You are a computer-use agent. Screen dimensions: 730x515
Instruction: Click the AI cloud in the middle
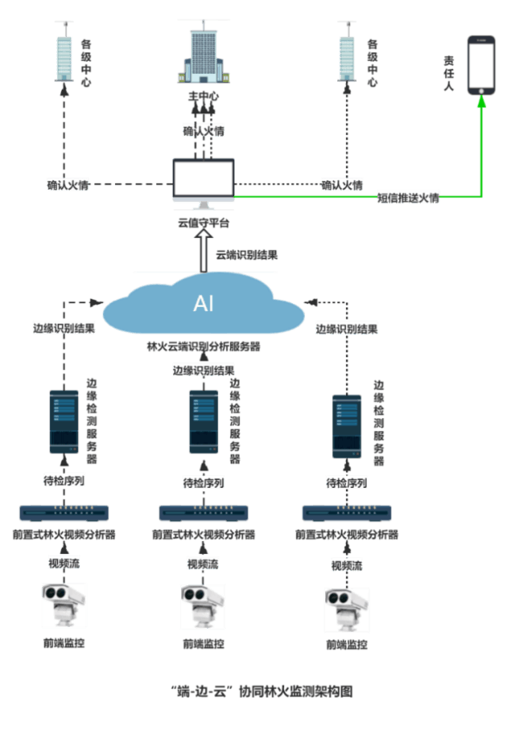click(204, 305)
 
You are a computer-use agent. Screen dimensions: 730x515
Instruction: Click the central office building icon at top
click(203, 56)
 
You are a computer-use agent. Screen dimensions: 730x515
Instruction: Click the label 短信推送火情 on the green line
click(409, 198)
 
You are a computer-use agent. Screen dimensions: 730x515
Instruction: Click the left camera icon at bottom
click(64, 605)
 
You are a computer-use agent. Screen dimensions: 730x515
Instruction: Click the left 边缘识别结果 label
click(64, 328)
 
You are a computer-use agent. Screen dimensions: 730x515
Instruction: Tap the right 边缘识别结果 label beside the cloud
click(347, 328)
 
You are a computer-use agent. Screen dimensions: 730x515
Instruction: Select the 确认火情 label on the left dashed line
click(68, 185)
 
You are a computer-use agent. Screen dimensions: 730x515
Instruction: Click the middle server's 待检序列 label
click(204, 482)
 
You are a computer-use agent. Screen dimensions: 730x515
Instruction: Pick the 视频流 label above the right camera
click(347, 566)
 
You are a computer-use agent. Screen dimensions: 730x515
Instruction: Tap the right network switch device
click(347, 513)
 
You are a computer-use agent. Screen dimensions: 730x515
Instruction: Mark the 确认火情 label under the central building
click(204, 130)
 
